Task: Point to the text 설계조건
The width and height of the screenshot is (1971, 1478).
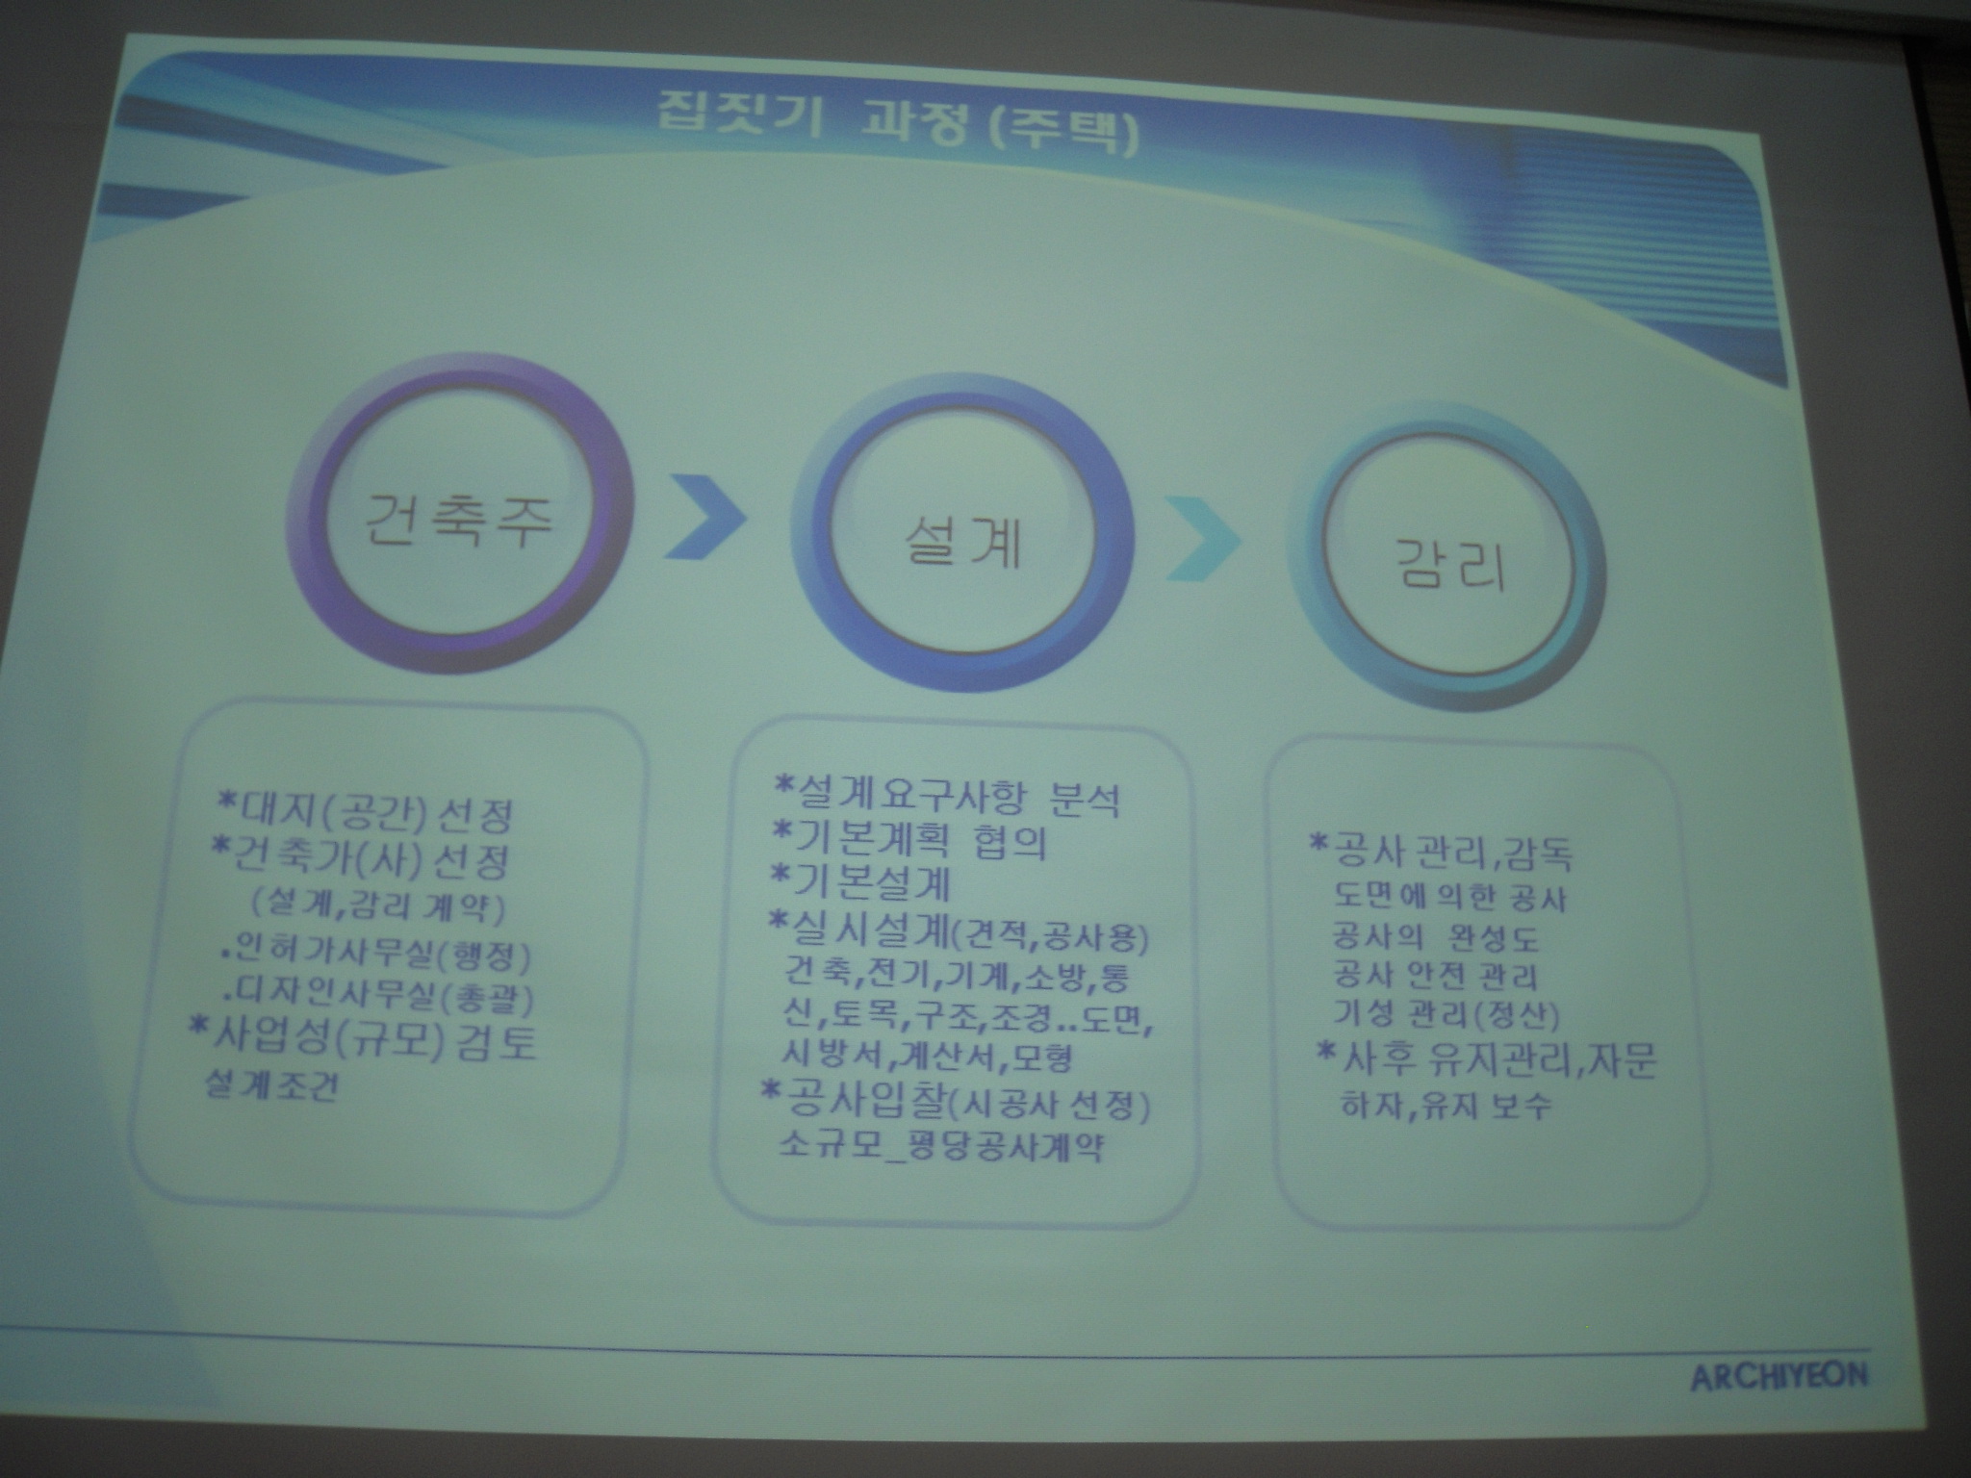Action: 271,1088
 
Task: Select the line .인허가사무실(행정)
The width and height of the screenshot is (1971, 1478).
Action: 375,957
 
